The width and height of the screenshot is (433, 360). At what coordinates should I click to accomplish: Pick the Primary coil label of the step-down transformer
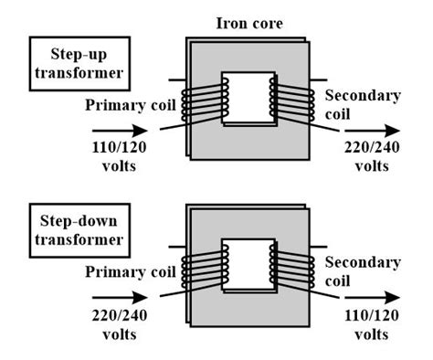coord(131,271)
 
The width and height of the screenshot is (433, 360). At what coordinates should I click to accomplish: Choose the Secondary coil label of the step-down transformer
coord(364,271)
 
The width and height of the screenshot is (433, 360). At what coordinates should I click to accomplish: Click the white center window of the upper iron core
coord(248,100)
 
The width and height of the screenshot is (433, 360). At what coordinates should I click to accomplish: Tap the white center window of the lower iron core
coord(248,268)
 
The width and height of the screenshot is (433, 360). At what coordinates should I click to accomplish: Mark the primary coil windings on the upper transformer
coord(203,101)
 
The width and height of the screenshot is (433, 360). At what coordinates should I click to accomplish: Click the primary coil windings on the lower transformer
coord(203,270)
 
